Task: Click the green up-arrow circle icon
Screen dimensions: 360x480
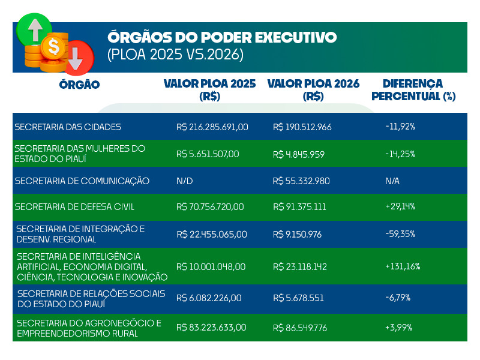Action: [x=34, y=28]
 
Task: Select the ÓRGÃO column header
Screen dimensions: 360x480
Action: [x=79, y=85]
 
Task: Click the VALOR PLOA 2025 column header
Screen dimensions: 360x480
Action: [x=209, y=89]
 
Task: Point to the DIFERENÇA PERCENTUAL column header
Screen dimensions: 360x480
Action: [x=413, y=89]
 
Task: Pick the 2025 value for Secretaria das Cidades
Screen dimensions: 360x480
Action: [x=212, y=127]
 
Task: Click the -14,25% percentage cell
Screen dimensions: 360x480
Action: [x=400, y=154]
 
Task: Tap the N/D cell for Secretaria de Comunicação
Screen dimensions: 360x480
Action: [x=185, y=181]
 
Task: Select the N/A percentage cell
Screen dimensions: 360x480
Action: [x=392, y=181]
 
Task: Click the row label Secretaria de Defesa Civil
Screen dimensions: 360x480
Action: [x=74, y=207]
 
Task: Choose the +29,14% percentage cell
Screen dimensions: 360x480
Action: [x=400, y=207]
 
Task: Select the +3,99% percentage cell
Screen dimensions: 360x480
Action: [x=398, y=328]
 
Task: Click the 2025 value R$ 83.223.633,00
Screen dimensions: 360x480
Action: [x=211, y=328]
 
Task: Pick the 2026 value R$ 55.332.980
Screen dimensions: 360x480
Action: [x=301, y=181]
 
